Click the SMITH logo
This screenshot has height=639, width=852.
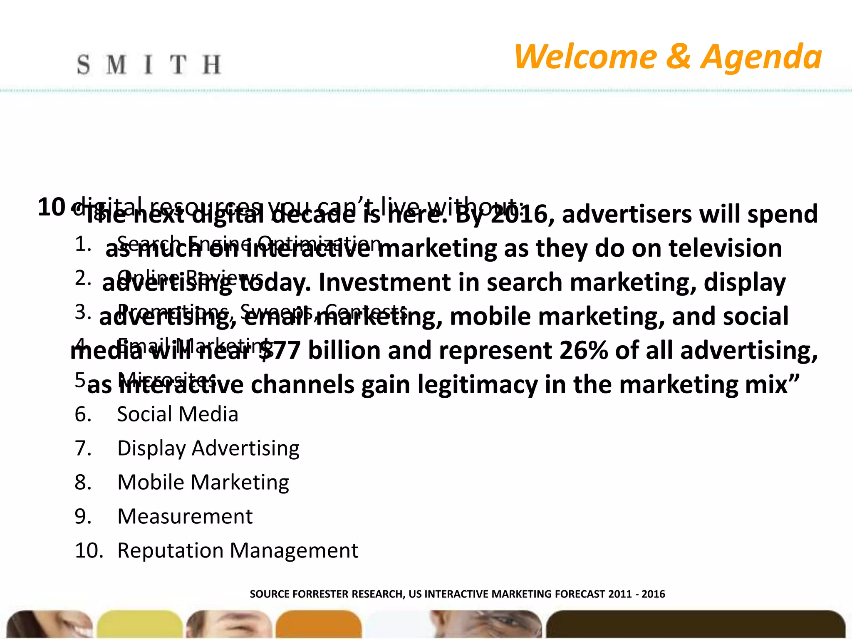click(149, 65)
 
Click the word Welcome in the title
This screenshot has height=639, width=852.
click(585, 57)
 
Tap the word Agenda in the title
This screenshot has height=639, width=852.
click(761, 57)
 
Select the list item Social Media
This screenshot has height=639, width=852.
click(178, 414)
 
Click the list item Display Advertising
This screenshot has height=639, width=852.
click(208, 448)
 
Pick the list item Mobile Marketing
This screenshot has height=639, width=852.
click(203, 483)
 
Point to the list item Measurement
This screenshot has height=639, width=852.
click(185, 517)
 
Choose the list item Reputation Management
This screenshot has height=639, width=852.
click(238, 551)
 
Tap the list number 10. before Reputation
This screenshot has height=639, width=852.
click(89, 551)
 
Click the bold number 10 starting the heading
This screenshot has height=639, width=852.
click(51, 207)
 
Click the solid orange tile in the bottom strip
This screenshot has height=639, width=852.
click(319, 624)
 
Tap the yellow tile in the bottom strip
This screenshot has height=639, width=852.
click(140, 624)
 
